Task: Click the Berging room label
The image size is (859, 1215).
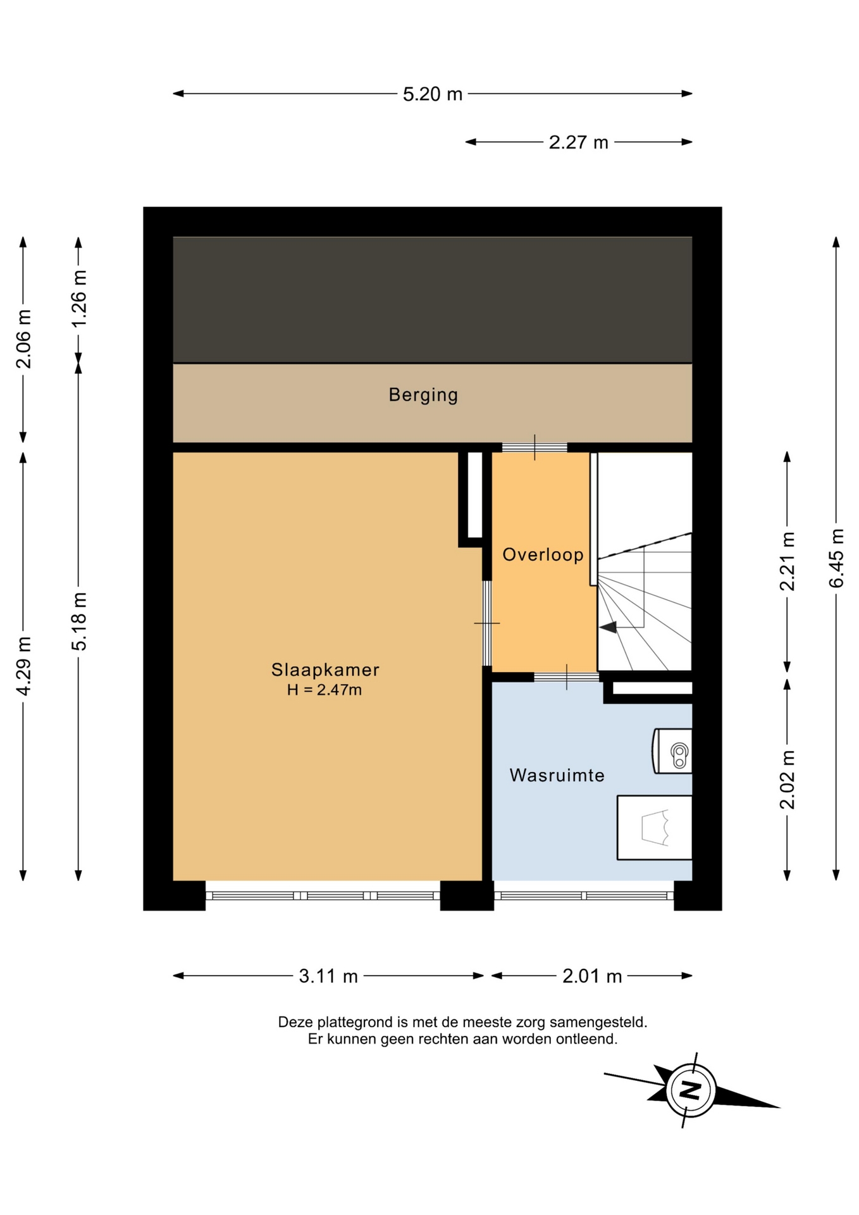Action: pyautogui.click(x=423, y=395)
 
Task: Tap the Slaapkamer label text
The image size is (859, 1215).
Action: pyautogui.click(x=325, y=669)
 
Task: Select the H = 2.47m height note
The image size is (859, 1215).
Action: pyautogui.click(x=324, y=690)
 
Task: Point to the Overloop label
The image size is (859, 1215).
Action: pyautogui.click(x=543, y=555)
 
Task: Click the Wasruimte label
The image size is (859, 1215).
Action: pyautogui.click(x=557, y=775)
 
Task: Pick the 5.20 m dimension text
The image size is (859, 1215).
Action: pyautogui.click(x=433, y=94)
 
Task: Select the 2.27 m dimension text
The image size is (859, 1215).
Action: pyautogui.click(x=578, y=142)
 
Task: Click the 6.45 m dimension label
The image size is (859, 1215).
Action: pyautogui.click(x=836, y=558)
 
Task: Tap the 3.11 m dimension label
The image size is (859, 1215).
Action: pyautogui.click(x=328, y=976)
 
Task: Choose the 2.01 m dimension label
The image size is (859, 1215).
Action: pyautogui.click(x=592, y=976)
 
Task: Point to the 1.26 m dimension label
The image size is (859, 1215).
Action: pyautogui.click(x=78, y=299)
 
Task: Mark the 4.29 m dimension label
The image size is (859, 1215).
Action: pyautogui.click(x=23, y=666)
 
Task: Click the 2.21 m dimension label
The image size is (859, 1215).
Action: pyautogui.click(x=787, y=561)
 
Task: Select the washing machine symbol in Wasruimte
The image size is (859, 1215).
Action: pyautogui.click(x=654, y=828)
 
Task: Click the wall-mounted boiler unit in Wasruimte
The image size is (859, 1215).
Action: pyautogui.click(x=672, y=751)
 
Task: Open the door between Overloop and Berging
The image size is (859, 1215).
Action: pyautogui.click(x=535, y=447)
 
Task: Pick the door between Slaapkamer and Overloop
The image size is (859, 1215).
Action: pyautogui.click(x=487, y=623)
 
